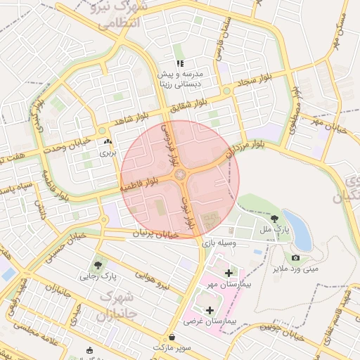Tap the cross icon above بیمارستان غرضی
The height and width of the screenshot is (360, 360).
(x=210, y=309)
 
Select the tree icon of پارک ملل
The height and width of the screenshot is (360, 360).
(x=274, y=219)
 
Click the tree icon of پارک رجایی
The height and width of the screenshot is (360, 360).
(x=98, y=265)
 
